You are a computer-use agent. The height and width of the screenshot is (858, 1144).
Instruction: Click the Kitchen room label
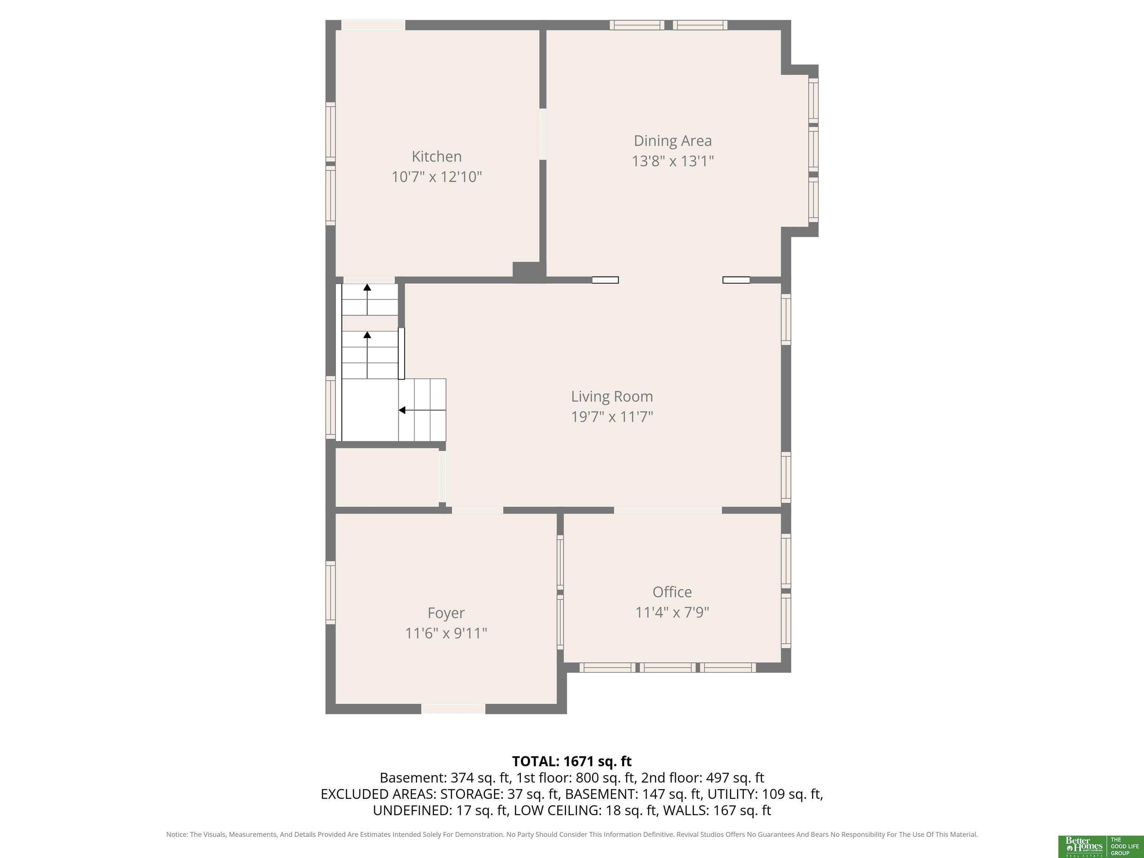[436, 156]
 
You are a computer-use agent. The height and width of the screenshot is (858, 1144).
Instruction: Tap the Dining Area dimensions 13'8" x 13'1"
[672, 161]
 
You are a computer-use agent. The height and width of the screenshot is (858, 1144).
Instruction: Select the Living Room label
[612, 396]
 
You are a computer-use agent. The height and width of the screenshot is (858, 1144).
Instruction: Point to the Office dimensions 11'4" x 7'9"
[672, 612]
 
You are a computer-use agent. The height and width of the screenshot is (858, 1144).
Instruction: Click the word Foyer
[446, 613]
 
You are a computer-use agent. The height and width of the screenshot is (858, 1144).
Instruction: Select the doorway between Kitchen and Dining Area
[543, 134]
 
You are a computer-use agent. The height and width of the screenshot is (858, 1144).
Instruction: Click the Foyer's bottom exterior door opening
[453, 709]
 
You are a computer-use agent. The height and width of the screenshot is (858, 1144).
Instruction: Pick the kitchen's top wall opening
[373, 25]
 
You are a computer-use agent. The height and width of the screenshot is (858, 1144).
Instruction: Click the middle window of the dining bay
[813, 150]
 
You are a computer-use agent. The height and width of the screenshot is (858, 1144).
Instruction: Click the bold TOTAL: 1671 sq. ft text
[572, 761]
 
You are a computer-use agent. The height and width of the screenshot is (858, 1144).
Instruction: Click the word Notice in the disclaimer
[177, 834]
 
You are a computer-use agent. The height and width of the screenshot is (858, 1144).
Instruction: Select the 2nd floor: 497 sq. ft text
[702, 778]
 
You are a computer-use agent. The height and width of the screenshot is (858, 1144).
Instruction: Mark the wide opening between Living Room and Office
[668, 511]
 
